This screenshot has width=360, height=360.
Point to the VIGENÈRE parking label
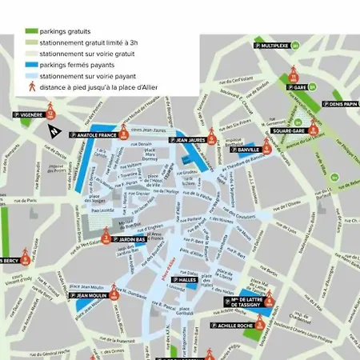coord(30,115)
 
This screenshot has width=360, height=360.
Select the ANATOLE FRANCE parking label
coord(97,135)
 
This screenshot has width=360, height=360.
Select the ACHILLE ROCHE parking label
coord(237,326)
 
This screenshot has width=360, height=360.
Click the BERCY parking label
coord(10,260)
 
